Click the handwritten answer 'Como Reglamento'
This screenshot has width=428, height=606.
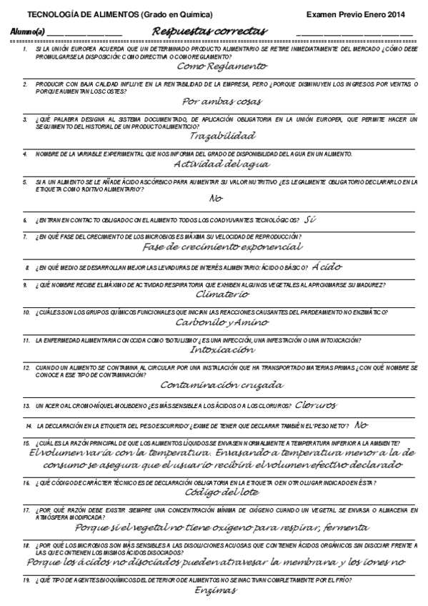click(222, 66)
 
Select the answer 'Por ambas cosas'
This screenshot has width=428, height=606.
click(222, 101)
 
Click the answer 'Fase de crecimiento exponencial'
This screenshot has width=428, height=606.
click(222, 247)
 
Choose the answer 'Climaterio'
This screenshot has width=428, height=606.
click(222, 294)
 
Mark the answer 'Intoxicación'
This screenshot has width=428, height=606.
click(222, 350)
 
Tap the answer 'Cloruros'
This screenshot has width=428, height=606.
click(315, 404)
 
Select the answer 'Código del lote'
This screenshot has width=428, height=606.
click(222, 492)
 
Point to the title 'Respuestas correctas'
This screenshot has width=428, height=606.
click(209, 31)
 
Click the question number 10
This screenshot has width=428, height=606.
click(26, 312)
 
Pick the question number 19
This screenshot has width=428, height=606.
click(26, 581)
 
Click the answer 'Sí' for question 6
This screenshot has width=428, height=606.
click(310, 219)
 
